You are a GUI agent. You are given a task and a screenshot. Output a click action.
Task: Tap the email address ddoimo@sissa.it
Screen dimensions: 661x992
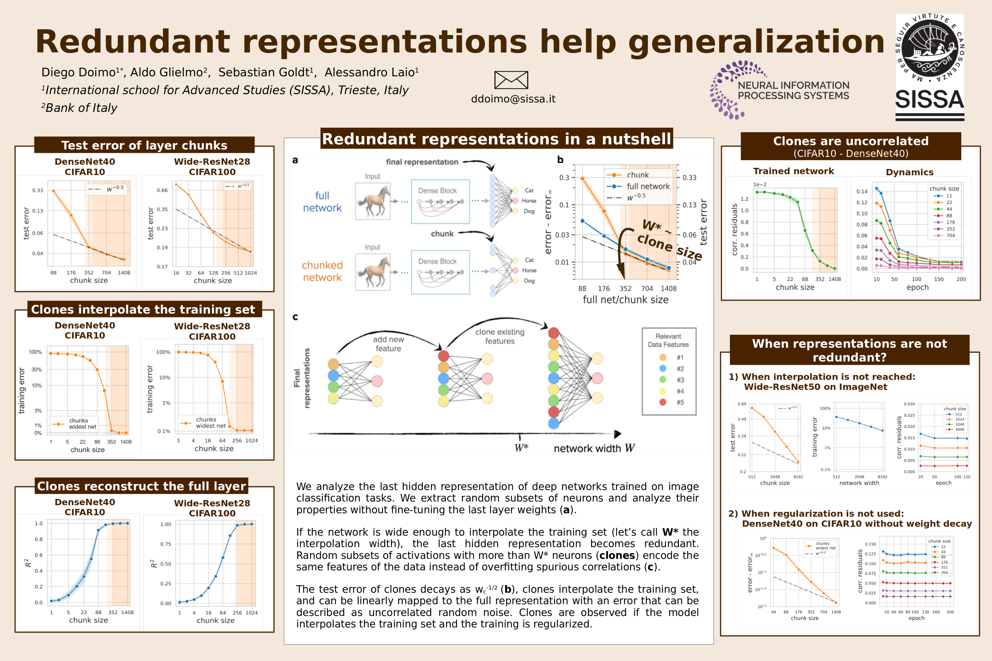point(513,99)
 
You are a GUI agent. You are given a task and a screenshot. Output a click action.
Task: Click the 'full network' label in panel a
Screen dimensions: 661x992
point(322,201)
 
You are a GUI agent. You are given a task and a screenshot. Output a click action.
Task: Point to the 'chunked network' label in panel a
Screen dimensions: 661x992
point(322,271)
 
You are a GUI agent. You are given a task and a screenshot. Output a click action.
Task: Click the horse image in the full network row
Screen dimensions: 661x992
point(373,201)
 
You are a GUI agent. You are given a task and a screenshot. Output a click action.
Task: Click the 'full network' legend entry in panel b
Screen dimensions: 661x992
point(648,186)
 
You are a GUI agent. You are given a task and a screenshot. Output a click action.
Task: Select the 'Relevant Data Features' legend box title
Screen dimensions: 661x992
point(668,340)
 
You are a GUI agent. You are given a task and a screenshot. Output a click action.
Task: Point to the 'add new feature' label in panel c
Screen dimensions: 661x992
point(388,344)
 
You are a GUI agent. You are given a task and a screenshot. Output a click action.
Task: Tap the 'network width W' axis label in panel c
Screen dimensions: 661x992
point(594,448)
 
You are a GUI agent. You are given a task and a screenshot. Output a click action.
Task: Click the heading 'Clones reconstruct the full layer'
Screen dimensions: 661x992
point(141,486)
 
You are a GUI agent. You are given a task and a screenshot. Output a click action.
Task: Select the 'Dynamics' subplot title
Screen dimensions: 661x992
point(909,172)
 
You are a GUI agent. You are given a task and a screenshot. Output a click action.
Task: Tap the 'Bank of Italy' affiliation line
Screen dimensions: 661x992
point(81,108)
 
